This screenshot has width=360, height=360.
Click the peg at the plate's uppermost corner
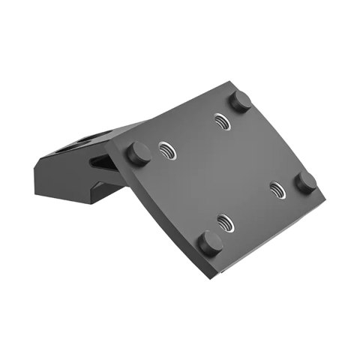click(239, 101)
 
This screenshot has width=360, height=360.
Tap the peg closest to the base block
click(139, 154)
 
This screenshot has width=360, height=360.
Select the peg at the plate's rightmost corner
click(305, 182)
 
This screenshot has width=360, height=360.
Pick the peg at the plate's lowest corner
click(210, 243)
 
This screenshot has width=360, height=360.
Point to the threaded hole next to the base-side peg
click(166, 151)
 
